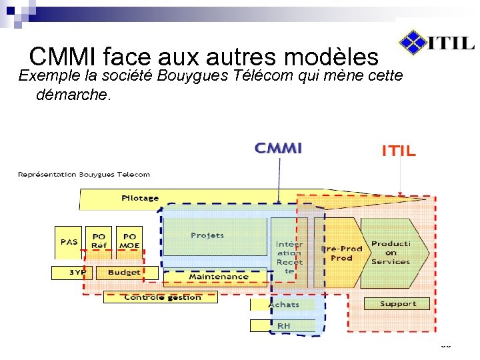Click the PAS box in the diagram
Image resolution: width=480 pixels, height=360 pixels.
coord(69,242)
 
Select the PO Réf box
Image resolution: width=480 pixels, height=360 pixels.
coord(99,242)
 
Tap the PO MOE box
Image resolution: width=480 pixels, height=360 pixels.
coord(129,242)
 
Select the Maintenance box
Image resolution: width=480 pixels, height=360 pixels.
coord(218,277)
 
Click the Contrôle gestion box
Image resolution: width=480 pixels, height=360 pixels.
coord(161,297)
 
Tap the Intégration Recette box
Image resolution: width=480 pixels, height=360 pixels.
coord(289,257)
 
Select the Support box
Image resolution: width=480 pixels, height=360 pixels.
coord(398,304)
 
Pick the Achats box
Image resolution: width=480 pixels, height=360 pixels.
coord(283,305)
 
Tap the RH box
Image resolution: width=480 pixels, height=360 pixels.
coord(283,325)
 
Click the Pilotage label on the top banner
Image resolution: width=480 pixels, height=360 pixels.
coord(140,198)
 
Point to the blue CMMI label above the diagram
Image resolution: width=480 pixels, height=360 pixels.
coord(279,148)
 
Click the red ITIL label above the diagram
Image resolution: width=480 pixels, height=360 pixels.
coord(399,151)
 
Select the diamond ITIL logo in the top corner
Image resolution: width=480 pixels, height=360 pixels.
coord(413,42)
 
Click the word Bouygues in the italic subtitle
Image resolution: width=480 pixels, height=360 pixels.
coord(195,75)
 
